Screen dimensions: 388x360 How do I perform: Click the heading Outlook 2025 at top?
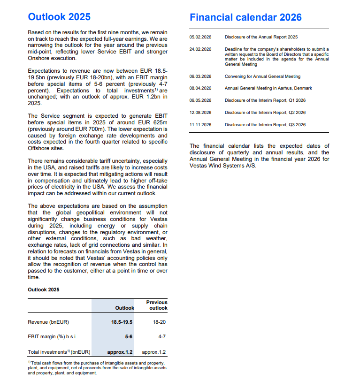(x=59, y=17)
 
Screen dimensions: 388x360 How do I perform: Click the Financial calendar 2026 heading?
(x=245, y=17)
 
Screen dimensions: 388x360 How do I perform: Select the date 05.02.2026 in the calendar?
(x=200, y=37)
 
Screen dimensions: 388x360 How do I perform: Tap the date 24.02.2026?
(x=200, y=49)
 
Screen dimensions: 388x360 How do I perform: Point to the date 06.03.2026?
(x=200, y=76)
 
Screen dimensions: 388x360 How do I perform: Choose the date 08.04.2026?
(x=200, y=88)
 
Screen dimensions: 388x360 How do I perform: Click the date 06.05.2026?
(x=200, y=100)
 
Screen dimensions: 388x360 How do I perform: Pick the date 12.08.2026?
(x=200, y=113)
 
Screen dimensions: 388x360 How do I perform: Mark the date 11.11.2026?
(x=200, y=125)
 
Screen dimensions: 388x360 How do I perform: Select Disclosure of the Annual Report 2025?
(x=261, y=37)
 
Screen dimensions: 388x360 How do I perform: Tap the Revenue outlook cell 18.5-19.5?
(x=122, y=322)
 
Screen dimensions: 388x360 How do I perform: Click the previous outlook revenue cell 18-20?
(x=159, y=322)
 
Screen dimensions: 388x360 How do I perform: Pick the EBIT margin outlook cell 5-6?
(x=128, y=337)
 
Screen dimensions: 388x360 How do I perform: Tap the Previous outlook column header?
(x=157, y=305)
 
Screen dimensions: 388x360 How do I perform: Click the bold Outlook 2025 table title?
(x=44, y=289)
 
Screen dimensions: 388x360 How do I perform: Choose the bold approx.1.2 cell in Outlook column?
(x=120, y=352)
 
